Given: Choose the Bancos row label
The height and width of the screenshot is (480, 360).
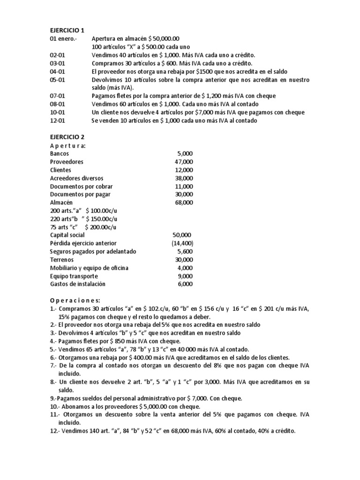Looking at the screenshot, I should [59, 153].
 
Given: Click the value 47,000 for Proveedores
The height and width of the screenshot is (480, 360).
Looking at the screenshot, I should [183, 162].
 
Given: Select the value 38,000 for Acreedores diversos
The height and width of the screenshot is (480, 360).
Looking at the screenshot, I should [183, 178].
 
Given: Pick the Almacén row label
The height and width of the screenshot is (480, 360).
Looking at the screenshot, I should [61, 202].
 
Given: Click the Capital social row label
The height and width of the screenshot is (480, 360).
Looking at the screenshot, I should [68, 235].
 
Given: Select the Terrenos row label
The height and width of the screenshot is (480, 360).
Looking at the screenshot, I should [62, 259].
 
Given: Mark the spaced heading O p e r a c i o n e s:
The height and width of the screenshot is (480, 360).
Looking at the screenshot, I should [75, 300].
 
